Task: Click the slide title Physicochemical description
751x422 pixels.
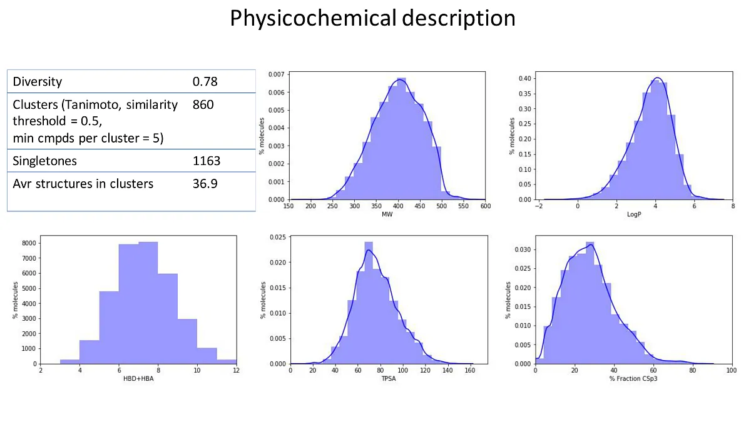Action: [372, 18]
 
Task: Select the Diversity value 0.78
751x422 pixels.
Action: [205, 82]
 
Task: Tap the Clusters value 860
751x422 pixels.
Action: [203, 104]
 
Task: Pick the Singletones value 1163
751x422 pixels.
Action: [207, 161]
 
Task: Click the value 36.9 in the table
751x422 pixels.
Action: [205, 184]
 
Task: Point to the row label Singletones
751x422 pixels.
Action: [45, 161]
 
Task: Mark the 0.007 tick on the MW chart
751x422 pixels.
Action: [276, 74]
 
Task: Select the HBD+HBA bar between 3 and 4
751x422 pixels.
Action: [69, 361]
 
